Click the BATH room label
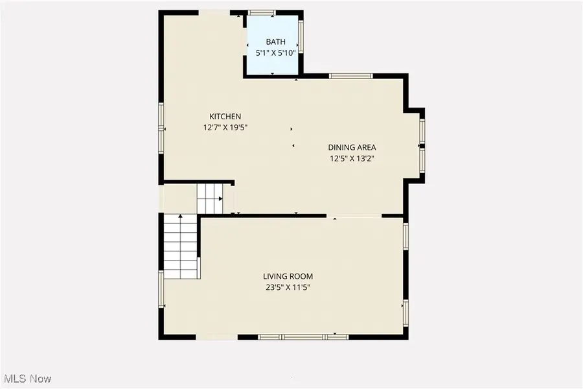point(275,42)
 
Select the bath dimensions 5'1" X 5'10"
point(275,53)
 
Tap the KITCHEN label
point(225,117)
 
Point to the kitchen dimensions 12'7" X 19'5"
point(225,128)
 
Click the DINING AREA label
point(352,147)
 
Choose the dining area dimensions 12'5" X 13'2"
point(352,158)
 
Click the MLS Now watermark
point(28,378)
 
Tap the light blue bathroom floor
point(272,65)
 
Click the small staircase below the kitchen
point(210,198)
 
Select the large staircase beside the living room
point(180,246)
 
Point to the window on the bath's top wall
point(262,12)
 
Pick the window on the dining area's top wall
point(350,76)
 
